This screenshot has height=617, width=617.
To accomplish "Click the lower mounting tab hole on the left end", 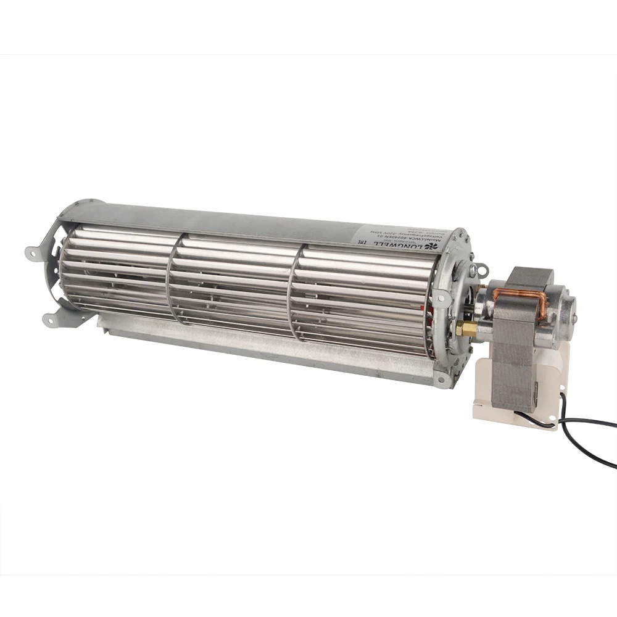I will point(47,319).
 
